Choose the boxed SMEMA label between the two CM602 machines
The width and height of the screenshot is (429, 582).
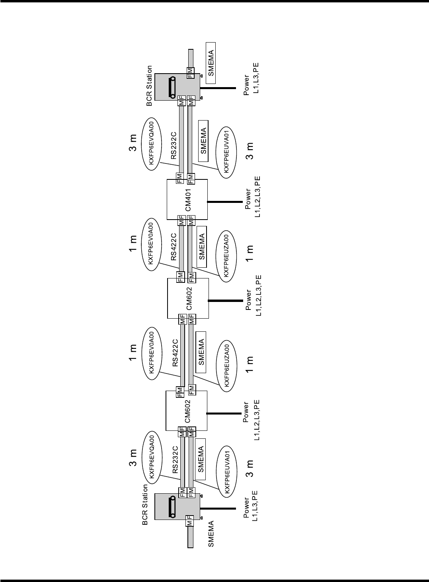point(201,352)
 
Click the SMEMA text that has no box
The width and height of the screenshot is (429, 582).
point(211,534)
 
